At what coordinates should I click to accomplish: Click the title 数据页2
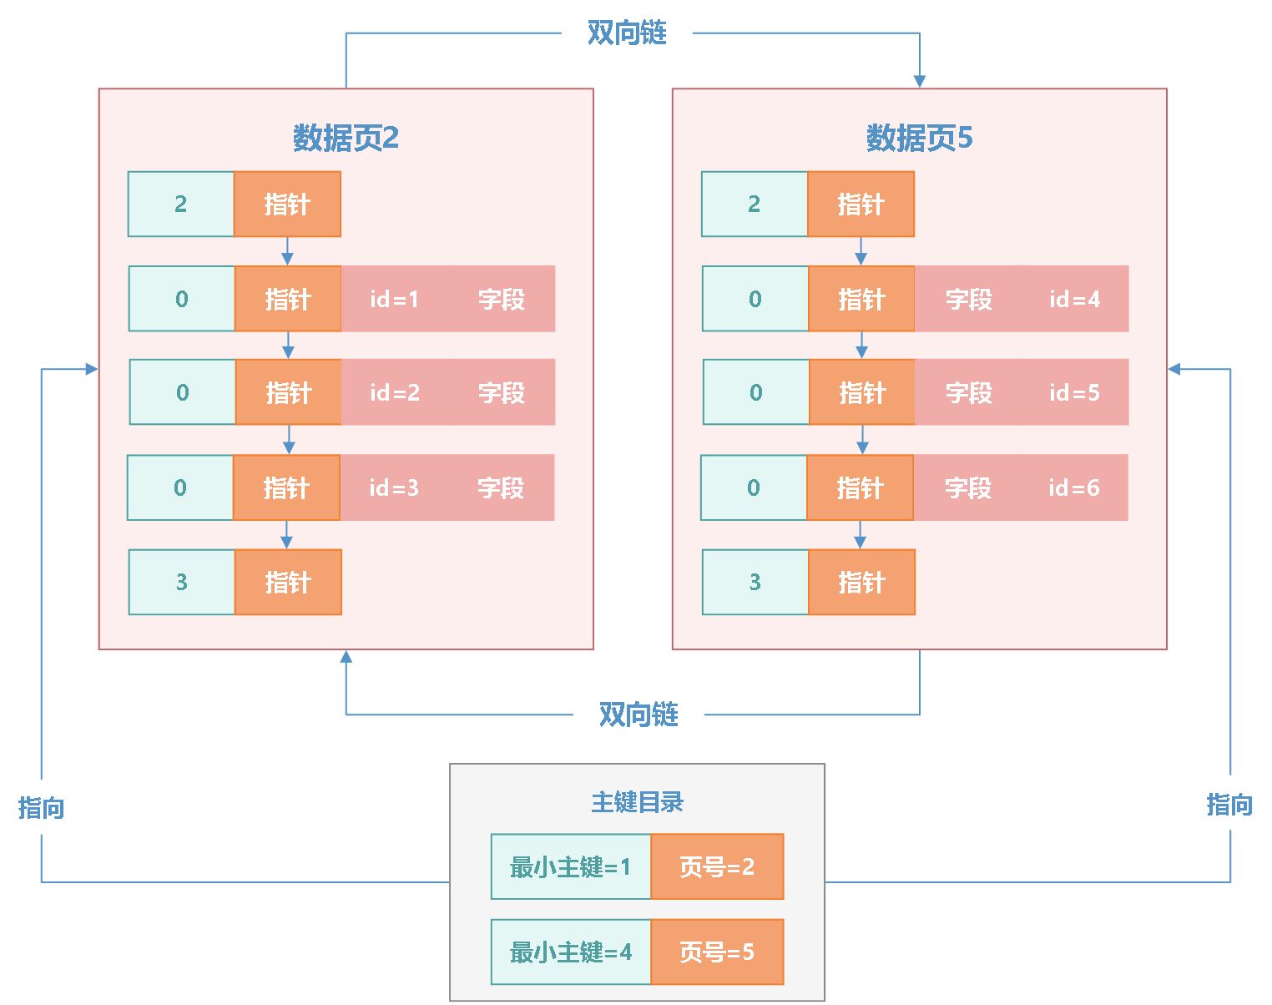(x=346, y=138)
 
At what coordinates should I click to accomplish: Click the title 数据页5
(x=919, y=138)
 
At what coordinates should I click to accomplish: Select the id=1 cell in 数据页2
(x=394, y=299)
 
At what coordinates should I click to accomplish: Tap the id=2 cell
(x=394, y=392)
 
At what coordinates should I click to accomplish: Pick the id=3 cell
(x=393, y=487)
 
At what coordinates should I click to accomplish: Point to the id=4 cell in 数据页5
(x=1075, y=299)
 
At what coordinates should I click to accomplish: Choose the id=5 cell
(x=1075, y=392)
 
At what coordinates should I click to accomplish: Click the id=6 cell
(x=1074, y=487)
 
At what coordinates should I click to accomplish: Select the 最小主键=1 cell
(x=571, y=866)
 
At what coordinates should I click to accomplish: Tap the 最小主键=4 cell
(x=571, y=952)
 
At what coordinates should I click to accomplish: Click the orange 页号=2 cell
(x=717, y=866)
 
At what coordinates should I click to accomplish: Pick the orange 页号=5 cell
(x=717, y=952)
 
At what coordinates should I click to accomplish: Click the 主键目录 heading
(x=637, y=802)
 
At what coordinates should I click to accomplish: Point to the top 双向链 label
(x=627, y=33)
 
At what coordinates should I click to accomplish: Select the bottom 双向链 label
(x=639, y=715)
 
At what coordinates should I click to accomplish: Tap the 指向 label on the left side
(x=41, y=807)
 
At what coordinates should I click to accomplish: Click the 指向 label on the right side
(x=1229, y=805)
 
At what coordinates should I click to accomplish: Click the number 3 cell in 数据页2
(x=181, y=582)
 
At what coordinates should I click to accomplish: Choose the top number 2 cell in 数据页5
(x=755, y=204)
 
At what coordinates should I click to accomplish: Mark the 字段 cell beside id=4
(x=968, y=299)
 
